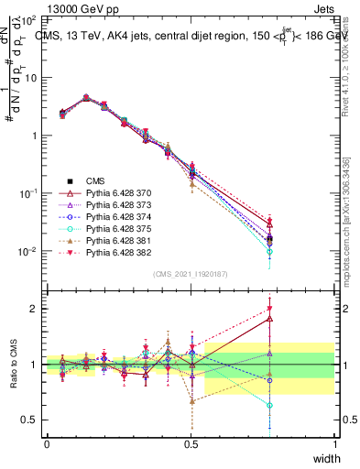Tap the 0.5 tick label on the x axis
click(191, 444)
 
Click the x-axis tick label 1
click(335, 444)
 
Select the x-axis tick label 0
click(47, 444)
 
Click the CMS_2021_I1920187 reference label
click(191, 273)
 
